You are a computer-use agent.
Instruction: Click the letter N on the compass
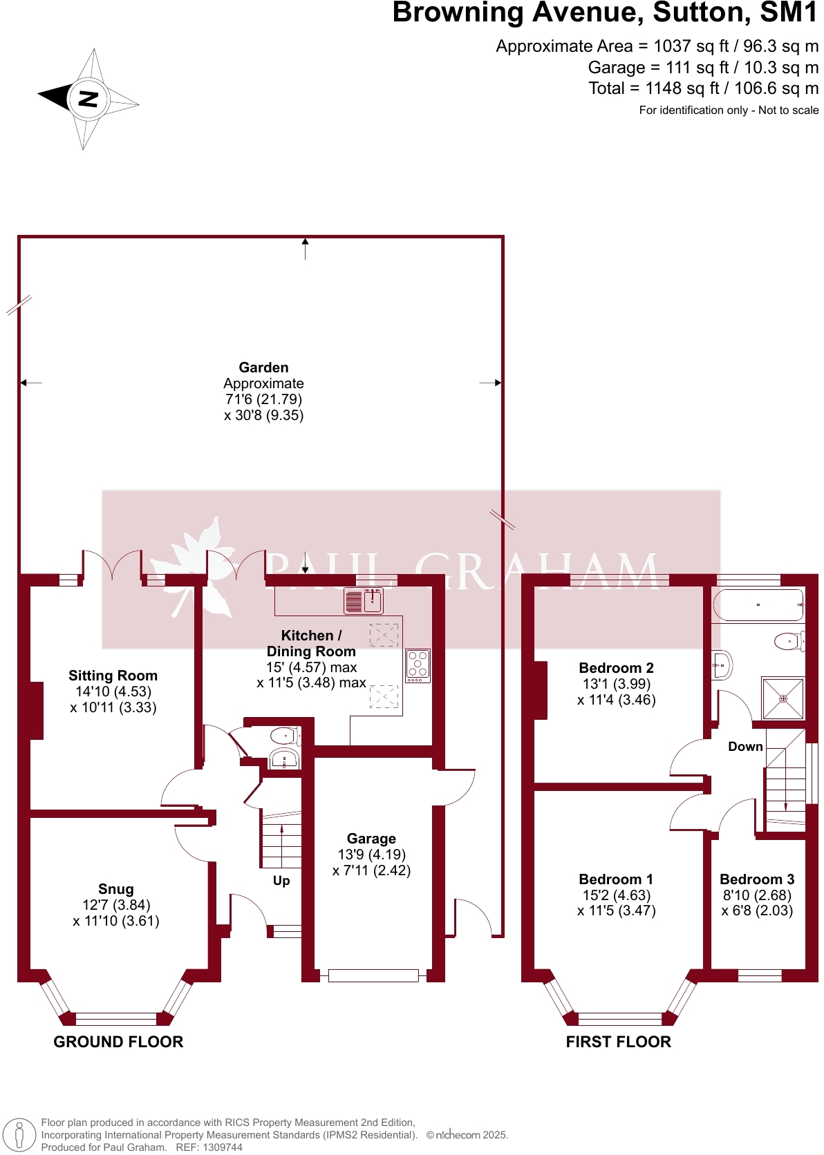88,99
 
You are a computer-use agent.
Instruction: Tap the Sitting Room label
113,676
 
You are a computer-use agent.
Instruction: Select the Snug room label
115,889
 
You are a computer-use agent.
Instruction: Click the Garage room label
371,839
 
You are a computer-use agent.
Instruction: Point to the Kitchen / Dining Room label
311,643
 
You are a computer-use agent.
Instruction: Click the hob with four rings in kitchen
418,665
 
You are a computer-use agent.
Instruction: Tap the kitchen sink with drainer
364,601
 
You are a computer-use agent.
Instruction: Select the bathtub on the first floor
758,605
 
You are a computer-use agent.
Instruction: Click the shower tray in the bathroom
783,698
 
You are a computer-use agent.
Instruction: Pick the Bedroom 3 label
757,879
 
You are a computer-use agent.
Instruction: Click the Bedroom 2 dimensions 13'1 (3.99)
616,684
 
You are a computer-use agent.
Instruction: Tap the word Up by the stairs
281,881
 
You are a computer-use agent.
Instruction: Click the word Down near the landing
745,747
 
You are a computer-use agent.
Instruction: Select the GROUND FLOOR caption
118,1042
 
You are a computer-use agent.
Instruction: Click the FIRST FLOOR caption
618,1042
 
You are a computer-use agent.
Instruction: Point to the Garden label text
263,367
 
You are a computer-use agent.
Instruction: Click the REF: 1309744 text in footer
209,1147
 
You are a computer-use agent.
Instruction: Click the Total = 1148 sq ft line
703,88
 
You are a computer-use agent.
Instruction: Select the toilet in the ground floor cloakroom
284,735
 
